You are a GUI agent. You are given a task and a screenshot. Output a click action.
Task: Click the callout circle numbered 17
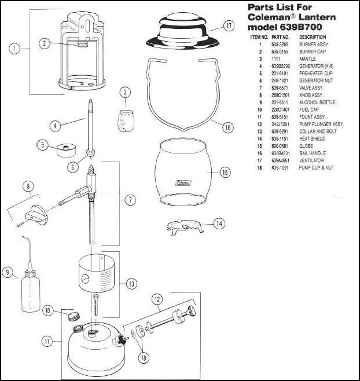(x=229, y=26)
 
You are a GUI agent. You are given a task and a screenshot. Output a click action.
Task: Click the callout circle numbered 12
(x=157, y=299)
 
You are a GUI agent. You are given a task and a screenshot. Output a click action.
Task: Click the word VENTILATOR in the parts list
(x=311, y=160)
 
